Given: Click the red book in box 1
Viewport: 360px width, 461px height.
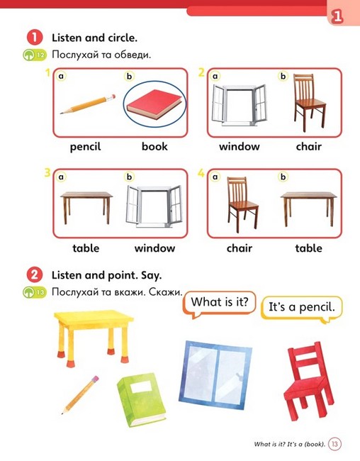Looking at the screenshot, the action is pyautogui.click(x=154, y=104).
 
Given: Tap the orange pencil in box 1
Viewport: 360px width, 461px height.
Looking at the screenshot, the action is pyautogui.click(x=88, y=104).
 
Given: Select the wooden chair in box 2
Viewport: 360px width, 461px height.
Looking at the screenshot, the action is pyautogui.click(x=310, y=102).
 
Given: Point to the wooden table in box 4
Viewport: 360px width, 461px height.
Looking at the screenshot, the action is pyautogui.click(x=309, y=209).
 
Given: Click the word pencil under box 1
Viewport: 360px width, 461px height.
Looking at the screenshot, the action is pyautogui.click(x=85, y=147).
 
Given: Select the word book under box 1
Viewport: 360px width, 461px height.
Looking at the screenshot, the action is pyautogui.click(x=154, y=146).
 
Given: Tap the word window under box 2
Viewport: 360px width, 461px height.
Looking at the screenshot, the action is pyautogui.click(x=240, y=146).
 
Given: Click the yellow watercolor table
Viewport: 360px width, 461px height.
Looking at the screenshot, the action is pyautogui.click(x=94, y=337).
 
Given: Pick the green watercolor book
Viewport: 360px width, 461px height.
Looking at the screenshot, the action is pyautogui.click(x=141, y=400).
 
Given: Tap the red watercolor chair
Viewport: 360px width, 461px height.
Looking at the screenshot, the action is pyautogui.click(x=308, y=381).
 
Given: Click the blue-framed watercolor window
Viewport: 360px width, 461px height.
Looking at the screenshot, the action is pyautogui.click(x=215, y=375).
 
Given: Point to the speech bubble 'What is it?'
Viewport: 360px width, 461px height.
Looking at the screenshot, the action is pyautogui.click(x=219, y=304).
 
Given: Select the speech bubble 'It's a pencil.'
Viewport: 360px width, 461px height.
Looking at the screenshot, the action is pyautogui.click(x=301, y=309).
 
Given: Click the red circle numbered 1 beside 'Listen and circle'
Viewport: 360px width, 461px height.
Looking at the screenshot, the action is pyautogui.click(x=35, y=38).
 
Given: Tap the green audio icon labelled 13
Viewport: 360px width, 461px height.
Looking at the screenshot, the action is pyautogui.click(x=35, y=292).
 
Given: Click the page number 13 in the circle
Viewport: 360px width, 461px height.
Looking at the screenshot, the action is pyautogui.click(x=334, y=443).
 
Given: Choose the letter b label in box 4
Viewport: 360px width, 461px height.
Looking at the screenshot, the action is pyautogui.click(x=283, y=177).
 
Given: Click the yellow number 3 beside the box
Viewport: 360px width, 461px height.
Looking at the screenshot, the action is pyautogui.click(x=47, y=172).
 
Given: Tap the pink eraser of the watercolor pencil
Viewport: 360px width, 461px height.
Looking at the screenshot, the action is pyautogui.click(x=95, y=379).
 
